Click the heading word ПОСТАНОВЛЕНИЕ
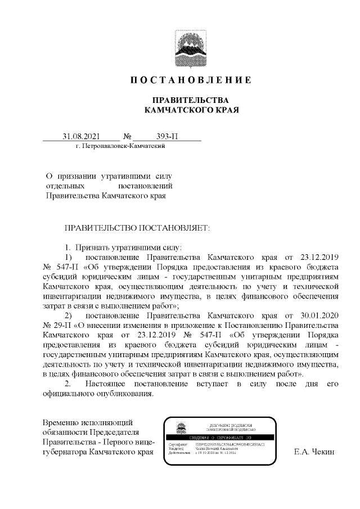point(191,80)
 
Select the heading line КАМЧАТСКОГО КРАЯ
point(191,110)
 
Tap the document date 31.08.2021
point(82,136)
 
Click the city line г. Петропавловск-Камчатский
point(119,146)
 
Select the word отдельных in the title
point(65,186)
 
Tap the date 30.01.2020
point(323,314)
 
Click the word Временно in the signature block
point(61,422)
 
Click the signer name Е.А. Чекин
point(314,452)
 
